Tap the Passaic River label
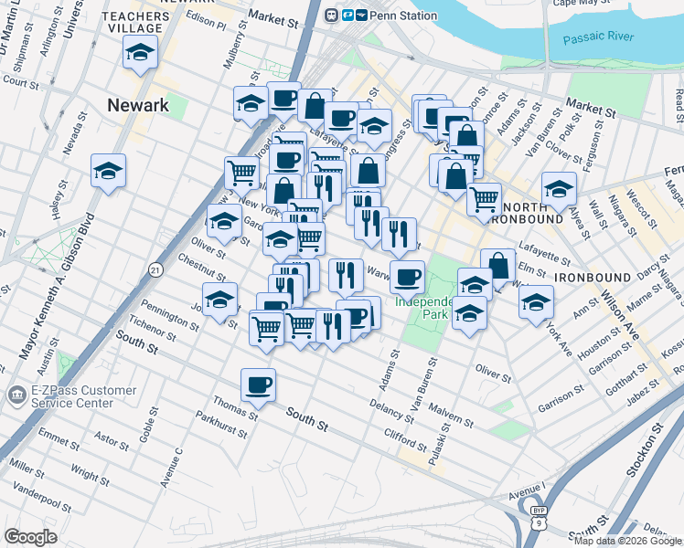tap(599, 38)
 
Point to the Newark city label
tap(138, 105)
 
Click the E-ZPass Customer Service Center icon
tap(17, 395)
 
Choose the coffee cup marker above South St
tap(258, 385)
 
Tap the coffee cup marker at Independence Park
tap(407, 276)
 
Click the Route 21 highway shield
tap(156, 269)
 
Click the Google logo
tap(30, 537)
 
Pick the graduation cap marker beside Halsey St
tap(108, 171)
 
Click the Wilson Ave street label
tap(621, 314)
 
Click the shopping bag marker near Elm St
tap(497, 266)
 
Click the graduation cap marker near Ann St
tap(536, 302)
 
